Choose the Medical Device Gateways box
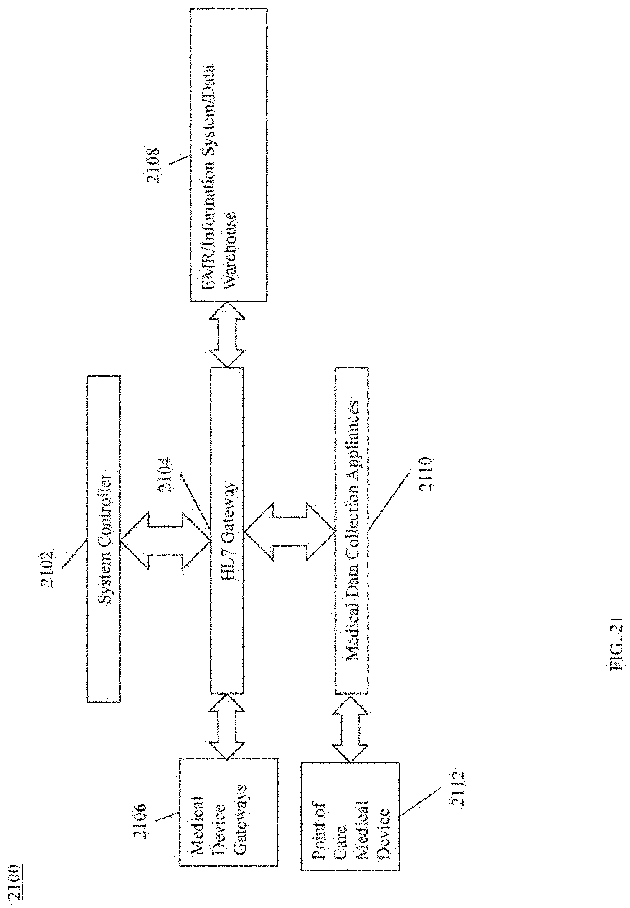coord(229,821)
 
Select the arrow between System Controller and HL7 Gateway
coord(165,541)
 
